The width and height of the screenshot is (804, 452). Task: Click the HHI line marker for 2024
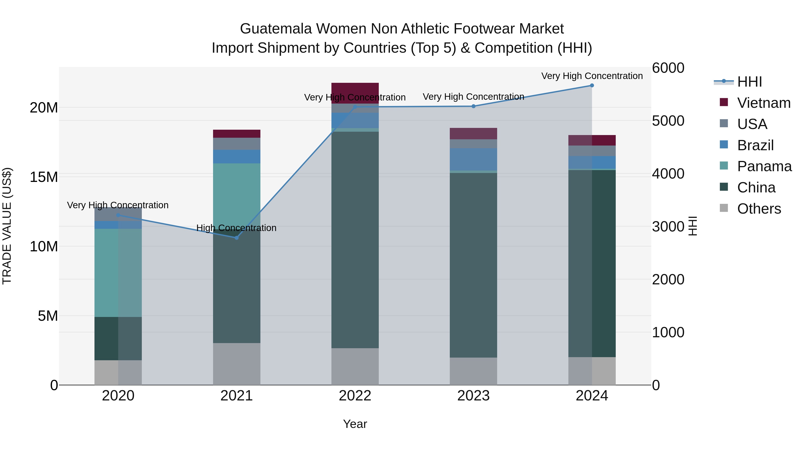pyautogui.click(x=592, y=85)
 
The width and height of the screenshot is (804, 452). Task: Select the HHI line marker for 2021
pyautogui.click(x=237, y=238)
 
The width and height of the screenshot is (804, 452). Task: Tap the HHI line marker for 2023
pyautogui.click(x=473, y=106)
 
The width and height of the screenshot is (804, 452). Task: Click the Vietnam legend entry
pyautogui.click(x=763, y=103)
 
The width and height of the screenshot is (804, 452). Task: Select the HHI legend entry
pyautogui.click(x=749, y=82)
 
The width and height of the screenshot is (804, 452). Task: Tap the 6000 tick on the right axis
pyautogui.click(x=668, y=68)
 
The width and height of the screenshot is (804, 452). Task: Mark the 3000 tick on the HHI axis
pyautogui.click(x=668, y=227)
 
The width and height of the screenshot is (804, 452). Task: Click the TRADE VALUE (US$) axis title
pyautogui.click(x=7, y=226)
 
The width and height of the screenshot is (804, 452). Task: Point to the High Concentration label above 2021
pyautogui.click(x=236, y=228)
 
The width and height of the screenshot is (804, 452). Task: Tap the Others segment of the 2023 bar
pyautogui.click(x=473, y=371)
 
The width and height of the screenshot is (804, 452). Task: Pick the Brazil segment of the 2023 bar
pyautogui.click(x=473, y=159)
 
